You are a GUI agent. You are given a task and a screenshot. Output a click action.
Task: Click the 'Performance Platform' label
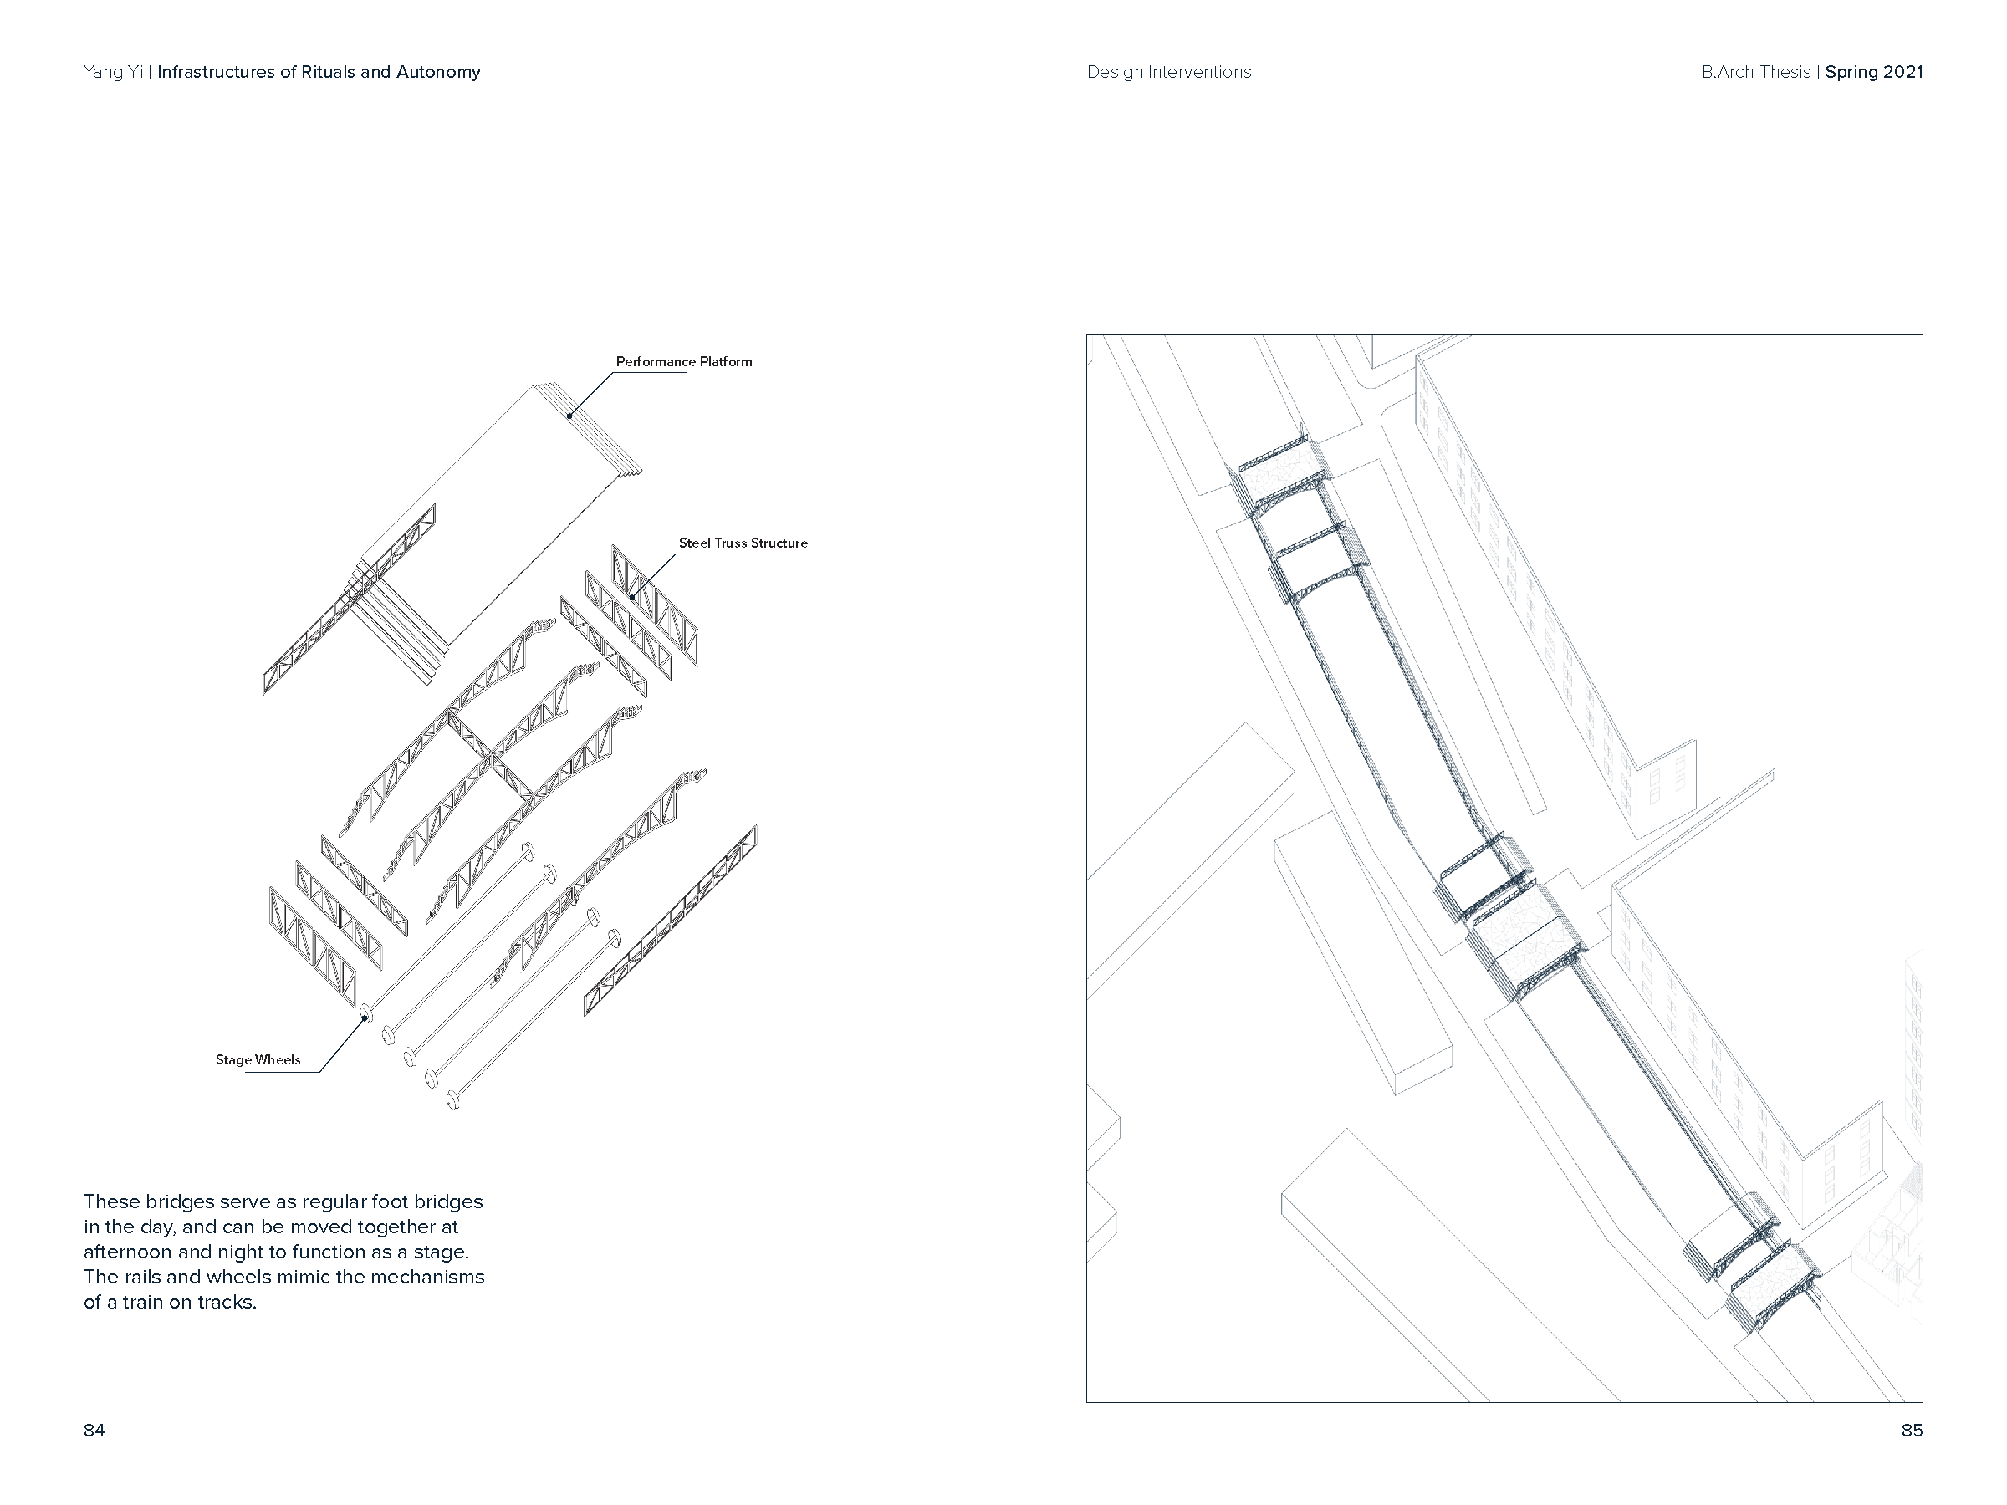click(x=683, y=362)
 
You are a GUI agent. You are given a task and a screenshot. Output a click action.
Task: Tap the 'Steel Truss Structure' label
click(x=743, y=543)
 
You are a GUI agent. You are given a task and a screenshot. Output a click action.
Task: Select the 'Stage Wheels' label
click(x=258, y=1059)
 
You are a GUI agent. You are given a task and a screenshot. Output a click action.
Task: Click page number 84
click(x=94, y=1431)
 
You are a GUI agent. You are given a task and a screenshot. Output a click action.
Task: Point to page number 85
click(x=1912, y=1431)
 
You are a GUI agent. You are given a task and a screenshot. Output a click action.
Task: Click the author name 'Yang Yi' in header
click(x=113, y=73)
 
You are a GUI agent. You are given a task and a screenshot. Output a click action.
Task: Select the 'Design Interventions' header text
click(x=1168, y=73)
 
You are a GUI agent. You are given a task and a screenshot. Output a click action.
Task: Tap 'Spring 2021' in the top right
click(x=1874, y=73)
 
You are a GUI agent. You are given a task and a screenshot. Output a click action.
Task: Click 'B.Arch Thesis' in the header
click(x=1755, y=73)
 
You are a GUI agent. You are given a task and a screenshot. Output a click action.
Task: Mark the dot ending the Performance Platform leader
click(x=569, y=416)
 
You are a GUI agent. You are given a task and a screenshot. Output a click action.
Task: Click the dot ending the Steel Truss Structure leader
click(x=632, y=598)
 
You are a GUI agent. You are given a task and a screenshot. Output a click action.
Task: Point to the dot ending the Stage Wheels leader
click(x=365, y=1018)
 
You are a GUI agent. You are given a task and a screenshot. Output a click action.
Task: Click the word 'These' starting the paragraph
click(x=110, y=1202)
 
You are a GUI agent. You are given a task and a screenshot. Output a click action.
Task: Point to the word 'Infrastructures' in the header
click(x=216, y=73)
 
